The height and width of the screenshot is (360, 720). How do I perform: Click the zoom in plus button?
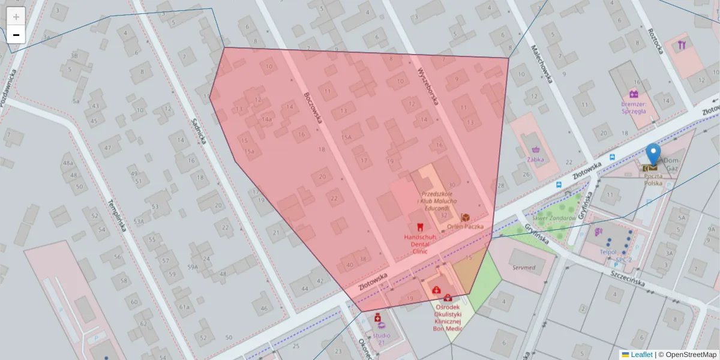(x=16, y=17)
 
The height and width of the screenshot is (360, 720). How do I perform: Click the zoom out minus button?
(x=16, y=35)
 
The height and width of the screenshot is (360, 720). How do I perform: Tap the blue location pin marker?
(x=653, y=153)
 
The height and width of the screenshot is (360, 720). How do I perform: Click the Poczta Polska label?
(x=653, y=180)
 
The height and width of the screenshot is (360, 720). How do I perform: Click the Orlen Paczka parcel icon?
(x=465, y=217)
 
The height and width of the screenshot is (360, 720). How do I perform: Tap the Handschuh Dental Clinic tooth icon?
(x=420, y=227)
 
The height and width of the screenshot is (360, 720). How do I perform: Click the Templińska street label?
(x=115, y=215)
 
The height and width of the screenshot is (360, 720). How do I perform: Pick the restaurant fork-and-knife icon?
(x=682, y=45)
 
